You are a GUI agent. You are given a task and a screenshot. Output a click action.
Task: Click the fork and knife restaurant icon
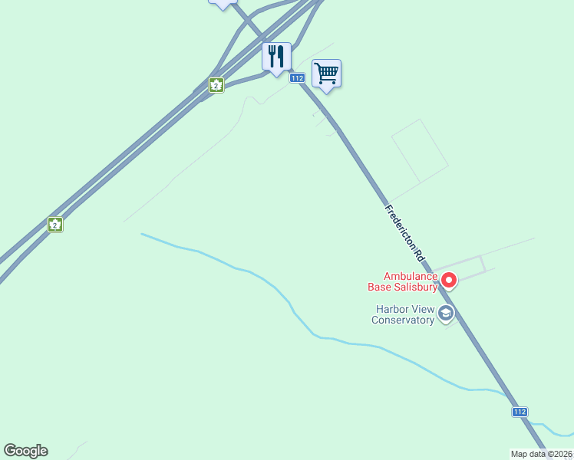click(x=276, y=56)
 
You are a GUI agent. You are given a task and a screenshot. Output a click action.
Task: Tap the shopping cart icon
click(x=326, y=74)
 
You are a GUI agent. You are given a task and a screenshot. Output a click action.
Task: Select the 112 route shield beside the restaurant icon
click(x=298, y=78)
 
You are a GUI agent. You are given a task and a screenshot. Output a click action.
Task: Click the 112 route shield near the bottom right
click(x=520, y=412)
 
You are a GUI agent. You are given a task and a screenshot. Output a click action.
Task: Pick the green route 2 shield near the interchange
click(x=216, y=84)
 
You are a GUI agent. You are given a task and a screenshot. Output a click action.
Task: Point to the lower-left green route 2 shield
click(x=54, y=224)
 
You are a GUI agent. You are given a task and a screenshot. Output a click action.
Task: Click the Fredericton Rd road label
click(x=404, y=234)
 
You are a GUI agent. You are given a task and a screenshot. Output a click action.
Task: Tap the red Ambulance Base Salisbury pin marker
click(x=450, y=280)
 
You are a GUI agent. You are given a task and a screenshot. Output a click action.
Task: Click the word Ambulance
click(x=411, y=276)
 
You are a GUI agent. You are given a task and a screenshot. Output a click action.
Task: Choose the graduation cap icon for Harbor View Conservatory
click(x=445, y=314)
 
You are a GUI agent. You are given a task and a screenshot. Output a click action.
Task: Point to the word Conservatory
click(x=403, y=320)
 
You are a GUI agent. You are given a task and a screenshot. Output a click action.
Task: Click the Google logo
click(x=25, y=451)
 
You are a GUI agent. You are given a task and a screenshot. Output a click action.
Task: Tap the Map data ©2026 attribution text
click(x=541, y=454)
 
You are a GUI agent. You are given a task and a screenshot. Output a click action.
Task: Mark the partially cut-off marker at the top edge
click(x=223, y=3)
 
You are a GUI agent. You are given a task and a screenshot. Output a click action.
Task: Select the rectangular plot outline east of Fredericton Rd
click(x=419, y=151)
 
